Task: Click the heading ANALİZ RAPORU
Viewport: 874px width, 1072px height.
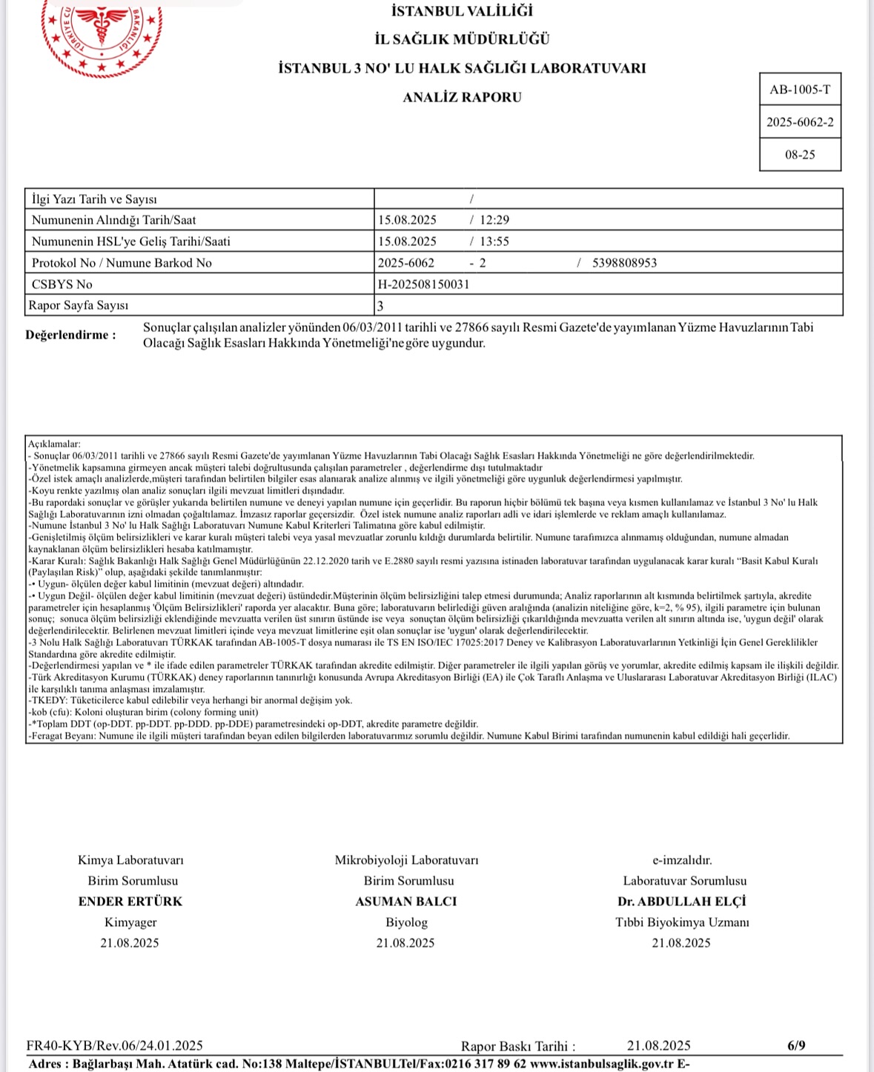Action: [462, 97]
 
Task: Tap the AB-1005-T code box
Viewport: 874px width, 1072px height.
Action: [800, 90]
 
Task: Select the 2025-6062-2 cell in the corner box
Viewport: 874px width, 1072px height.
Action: [800, 122]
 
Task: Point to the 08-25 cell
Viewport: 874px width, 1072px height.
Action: [800, 155]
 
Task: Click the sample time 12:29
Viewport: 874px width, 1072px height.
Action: [494, 220]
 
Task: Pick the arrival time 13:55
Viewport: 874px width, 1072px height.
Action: [494, 242]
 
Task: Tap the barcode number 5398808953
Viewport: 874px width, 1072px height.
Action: [624, 263]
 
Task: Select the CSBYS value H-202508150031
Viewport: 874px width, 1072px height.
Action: [423, 284]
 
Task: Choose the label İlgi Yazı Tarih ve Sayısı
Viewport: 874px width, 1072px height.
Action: [94, 199]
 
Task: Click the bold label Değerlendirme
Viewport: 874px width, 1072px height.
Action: [70, 335]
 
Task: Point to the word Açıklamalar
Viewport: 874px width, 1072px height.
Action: [54, 444]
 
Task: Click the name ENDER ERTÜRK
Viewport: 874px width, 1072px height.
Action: [130, 902]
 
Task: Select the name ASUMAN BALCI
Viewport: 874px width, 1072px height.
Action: [406, 902]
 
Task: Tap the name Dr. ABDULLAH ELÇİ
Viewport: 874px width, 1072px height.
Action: [682, 902]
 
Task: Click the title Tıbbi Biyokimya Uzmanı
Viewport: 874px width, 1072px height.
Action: [682, 922]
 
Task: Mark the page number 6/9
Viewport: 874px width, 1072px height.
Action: [796, 1046]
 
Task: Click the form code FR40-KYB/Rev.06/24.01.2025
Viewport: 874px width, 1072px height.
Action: [115, 1046]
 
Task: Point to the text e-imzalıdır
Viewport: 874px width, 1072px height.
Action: [682, 860]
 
